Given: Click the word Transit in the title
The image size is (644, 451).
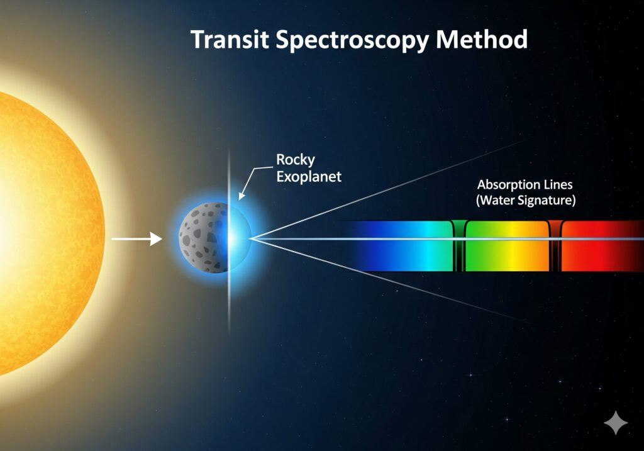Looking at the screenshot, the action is coord(230,40).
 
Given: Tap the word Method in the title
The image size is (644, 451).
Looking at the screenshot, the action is coord(481,40).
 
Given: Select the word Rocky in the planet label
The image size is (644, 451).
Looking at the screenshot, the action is coord(296,160).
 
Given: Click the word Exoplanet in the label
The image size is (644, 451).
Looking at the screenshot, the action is coord(309,177).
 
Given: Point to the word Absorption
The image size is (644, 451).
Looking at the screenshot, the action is coord(508,185).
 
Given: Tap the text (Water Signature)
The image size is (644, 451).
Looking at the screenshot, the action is coord(526,200).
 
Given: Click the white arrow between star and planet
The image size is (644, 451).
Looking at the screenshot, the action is coord(136,238).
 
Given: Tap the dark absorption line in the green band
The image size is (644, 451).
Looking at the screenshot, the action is coord(459,246).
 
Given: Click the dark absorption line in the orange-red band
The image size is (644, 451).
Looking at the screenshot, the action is coord(555,246).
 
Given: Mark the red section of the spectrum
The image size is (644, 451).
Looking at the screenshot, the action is coord(596,246).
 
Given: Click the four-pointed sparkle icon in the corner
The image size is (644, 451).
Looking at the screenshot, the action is coord(616,422).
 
